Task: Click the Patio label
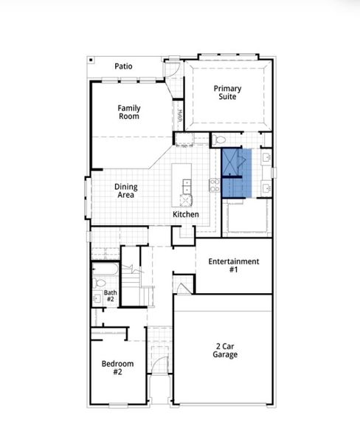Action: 123,66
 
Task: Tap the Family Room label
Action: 129,112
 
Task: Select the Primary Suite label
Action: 227,93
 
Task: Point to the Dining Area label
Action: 125,191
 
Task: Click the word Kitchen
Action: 186,214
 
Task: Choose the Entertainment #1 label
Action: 233,265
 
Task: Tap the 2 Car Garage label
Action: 226,350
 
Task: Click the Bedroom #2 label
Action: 117,368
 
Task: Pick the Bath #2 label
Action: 110,296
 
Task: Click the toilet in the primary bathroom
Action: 221,140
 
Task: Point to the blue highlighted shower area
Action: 237,173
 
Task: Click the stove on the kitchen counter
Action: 215,185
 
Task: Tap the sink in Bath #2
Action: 97,299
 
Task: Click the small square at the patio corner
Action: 90,59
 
